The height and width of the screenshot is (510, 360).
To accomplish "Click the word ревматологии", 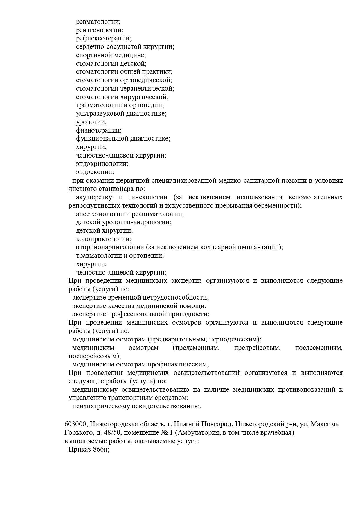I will pyautogui.click(x=98, y=22).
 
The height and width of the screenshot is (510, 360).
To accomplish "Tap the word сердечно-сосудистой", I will pyautogui.click(x=105, y=47).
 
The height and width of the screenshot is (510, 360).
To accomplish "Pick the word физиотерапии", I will pyautogui.click(x=98, y=130).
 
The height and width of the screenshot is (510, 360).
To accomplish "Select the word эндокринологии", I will pyautogui.click(x=102, y=164).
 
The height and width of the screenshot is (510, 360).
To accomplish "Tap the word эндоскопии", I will pyautogui.click(x=95, y=172).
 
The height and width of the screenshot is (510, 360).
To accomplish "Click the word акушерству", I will pyautogui.click(x=94, y=197).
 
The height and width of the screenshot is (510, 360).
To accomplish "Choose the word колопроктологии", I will pyautogui.click(x=104, y=239).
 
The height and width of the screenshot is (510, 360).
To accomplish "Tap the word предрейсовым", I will pyautogui.click(x=257, y=348).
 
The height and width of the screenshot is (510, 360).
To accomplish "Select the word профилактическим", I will pyautogui.click(x=179, y=364).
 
